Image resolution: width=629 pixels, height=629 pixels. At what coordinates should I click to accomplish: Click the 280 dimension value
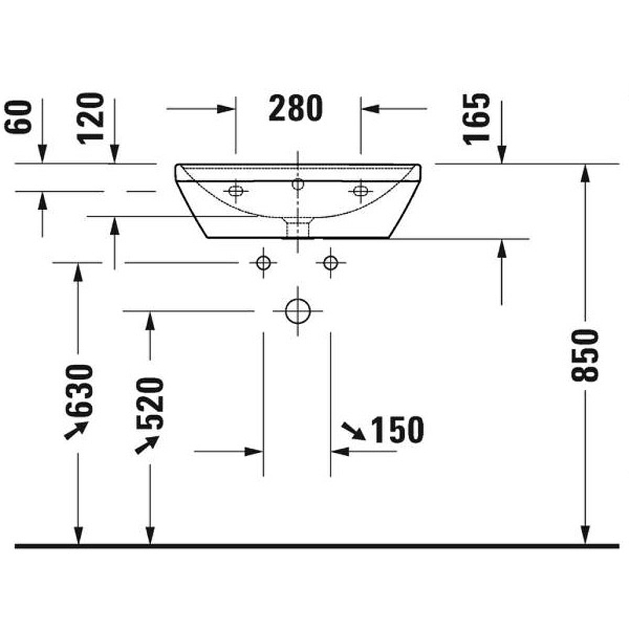coord(296,109)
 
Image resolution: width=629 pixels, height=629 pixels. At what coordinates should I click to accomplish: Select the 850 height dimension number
coord(585,355)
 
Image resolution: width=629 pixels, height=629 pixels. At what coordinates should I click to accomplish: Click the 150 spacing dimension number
coord(396,430)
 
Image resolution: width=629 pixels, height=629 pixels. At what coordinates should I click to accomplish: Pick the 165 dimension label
coord(476,118)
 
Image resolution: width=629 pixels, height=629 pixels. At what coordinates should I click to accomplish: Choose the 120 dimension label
coord(91,118)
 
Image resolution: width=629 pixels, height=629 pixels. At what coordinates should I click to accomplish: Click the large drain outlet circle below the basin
coord(297,311)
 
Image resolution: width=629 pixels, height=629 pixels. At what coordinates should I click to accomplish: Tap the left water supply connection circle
coord(263,263)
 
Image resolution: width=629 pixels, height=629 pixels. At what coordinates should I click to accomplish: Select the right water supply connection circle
coord(330,263)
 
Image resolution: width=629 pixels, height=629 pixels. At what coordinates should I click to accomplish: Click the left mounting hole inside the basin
coord(234,190)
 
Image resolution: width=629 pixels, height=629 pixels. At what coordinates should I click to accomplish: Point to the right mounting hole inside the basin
coord(361,190)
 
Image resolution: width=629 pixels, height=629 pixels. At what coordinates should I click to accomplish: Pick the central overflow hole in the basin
coord(297,185)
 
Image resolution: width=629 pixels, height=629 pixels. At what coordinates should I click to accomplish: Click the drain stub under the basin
coord(297,229)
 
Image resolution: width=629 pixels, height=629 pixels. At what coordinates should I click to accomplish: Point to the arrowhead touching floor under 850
coord(585,535)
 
